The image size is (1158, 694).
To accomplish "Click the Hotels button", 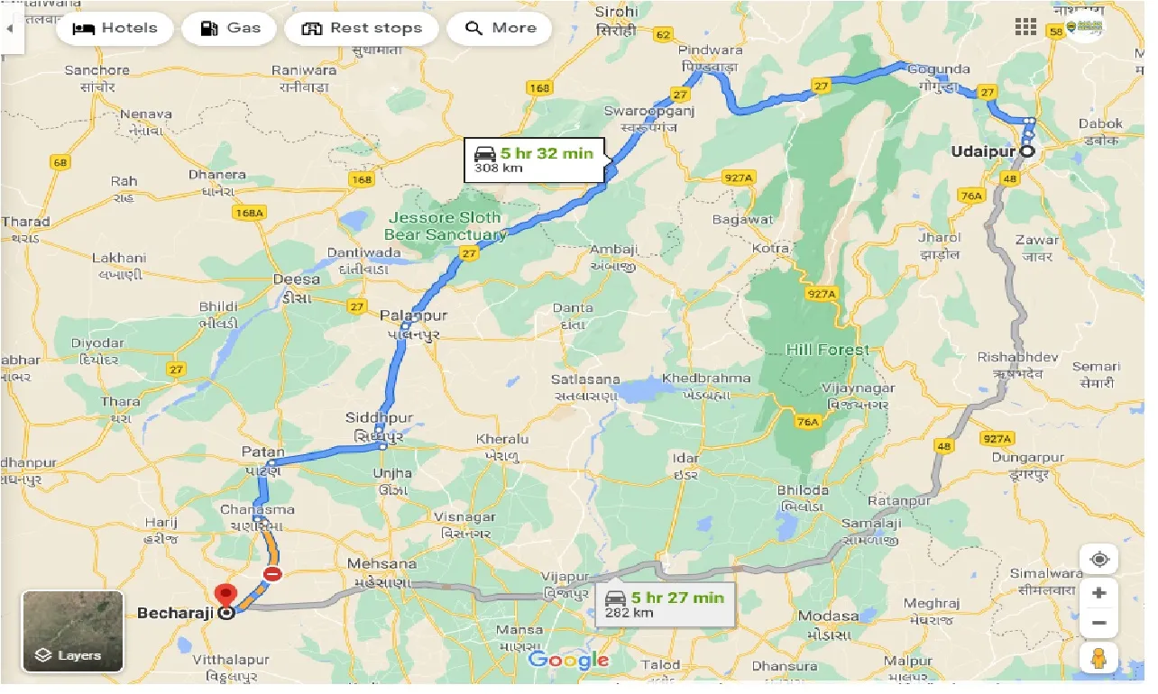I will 114,28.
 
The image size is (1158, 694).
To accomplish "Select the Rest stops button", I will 362,28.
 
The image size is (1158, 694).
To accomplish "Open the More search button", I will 500,28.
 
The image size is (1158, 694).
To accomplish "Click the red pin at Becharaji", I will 225,596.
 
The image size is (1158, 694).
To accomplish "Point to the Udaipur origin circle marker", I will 1026,151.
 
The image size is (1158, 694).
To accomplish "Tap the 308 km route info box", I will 535,160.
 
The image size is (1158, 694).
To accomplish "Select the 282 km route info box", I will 666,604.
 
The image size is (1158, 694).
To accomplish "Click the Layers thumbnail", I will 73,631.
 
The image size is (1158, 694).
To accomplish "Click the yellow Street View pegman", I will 1099,659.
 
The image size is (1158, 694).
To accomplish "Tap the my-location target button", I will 1099,560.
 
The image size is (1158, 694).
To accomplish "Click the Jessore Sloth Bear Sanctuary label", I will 446,226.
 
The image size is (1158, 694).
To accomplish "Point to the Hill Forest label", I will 827,350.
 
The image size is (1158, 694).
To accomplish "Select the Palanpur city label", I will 413,315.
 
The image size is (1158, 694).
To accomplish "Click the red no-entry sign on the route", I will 271,574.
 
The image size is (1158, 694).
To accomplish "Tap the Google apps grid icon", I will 1025,27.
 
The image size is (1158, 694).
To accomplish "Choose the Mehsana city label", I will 382,564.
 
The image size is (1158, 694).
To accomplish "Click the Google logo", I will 568,660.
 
